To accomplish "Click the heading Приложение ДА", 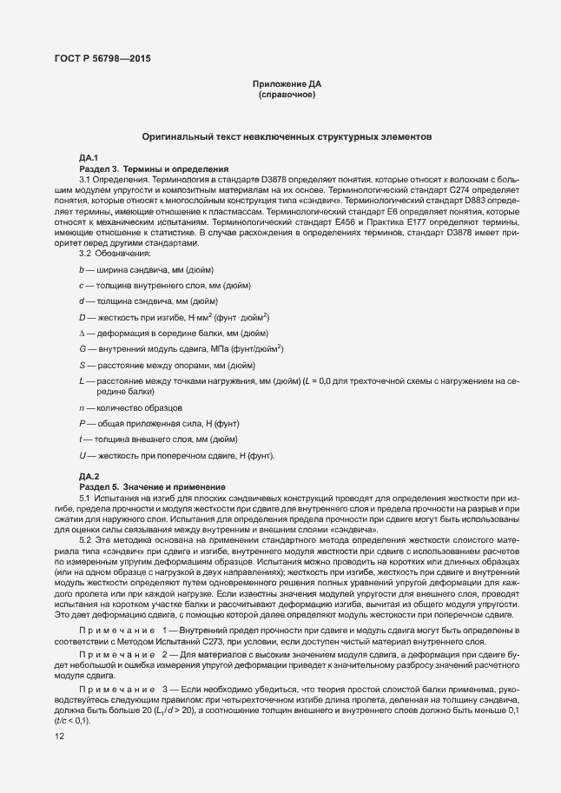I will tap(287, 83).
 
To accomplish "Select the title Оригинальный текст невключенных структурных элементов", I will tap(286, 137).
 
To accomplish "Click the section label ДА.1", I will tap(89, 157).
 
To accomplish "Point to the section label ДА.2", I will tap(89, 476).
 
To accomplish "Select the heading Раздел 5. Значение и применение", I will tap(152, 486).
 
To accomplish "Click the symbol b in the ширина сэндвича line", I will tap(81, 271).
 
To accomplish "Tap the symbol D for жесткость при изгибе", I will tap(82, 319).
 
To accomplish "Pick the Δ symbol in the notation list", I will tap(82, 334).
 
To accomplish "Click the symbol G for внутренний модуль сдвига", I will tap(82, 349).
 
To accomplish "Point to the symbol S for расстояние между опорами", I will tap(81, 365).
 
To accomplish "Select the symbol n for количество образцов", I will tap(81, 407).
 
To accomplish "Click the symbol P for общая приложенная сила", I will tap(81, 423).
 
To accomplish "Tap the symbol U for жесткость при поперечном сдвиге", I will tap(82, 455).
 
